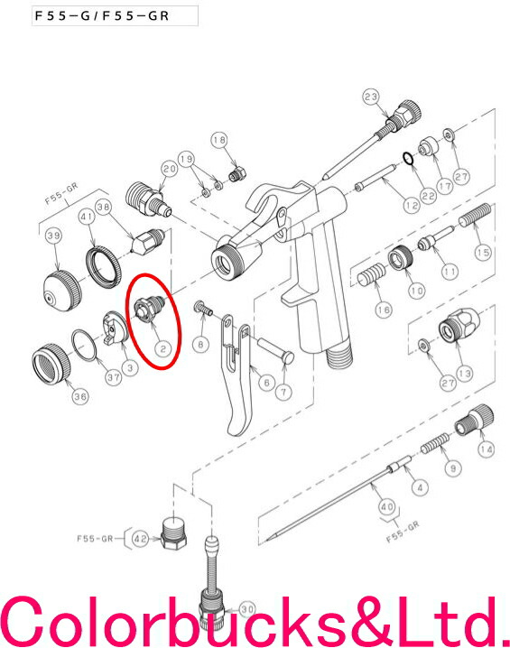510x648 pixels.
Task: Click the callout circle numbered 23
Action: point(371,97)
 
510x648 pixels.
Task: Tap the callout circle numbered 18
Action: point(219,140)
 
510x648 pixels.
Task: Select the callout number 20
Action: point(169,169)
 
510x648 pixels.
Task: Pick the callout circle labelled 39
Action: point(53,236)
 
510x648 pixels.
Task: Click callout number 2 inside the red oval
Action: point(163,349)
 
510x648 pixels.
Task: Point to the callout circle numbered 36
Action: point(80,397)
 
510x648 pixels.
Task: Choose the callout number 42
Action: point(141,539)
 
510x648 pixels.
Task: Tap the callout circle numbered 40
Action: point(387,506)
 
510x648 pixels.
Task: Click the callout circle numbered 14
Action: point(486,449)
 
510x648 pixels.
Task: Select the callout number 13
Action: point(465,374)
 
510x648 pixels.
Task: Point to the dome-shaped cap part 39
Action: point(62,291)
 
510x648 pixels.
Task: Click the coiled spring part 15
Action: point(476,216)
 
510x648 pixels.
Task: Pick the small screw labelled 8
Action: point(203,308)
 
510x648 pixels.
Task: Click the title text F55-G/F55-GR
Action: point(102,15)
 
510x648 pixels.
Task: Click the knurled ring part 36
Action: point(51,364)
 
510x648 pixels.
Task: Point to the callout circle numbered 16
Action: point(384,310)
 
